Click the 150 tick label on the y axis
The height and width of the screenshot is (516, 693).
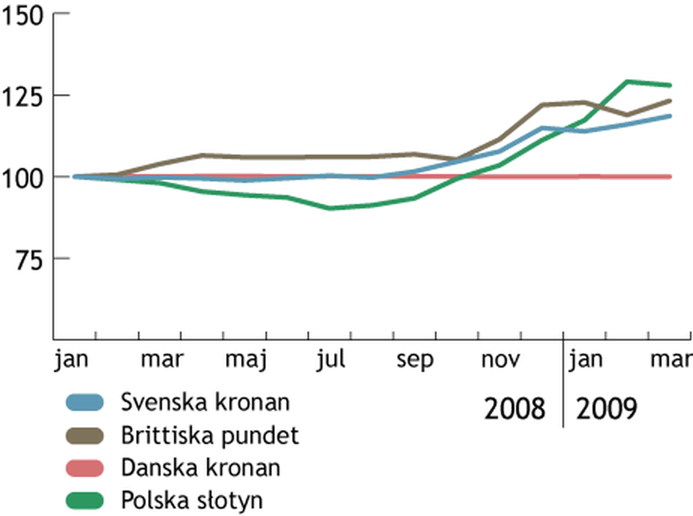(22, 16)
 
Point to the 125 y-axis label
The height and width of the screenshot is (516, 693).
(22, 98)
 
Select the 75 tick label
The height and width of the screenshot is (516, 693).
(29, 261)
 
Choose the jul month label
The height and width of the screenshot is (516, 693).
(331, 360)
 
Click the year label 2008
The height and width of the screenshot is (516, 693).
(514, 409)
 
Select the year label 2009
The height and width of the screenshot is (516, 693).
(606, 409)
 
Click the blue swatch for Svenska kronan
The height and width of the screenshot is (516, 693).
(85, 402)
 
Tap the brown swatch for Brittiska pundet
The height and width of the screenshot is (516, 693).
(85, 435)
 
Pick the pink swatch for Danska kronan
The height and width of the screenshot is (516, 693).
(85, 468)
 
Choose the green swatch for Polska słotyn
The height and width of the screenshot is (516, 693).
(85, 501)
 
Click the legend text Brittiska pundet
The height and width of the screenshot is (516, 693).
(210, 436)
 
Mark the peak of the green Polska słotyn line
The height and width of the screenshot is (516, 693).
(627, 82)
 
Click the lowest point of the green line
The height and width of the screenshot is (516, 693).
(330, 208)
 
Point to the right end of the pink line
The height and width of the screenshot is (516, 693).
(670, 177)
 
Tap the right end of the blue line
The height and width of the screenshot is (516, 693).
(670, 116)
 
